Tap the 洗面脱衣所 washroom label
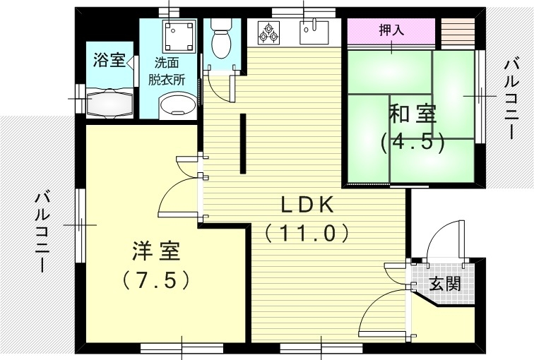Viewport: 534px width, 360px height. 167,71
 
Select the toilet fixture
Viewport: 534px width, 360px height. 221,38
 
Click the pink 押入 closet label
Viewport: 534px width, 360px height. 391,32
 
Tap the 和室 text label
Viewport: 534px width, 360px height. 413,114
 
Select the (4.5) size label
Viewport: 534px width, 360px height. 413,142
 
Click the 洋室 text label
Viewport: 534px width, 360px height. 156,251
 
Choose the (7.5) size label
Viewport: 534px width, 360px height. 156,280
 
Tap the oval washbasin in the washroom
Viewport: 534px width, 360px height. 178,107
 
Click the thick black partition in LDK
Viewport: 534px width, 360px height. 242,143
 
